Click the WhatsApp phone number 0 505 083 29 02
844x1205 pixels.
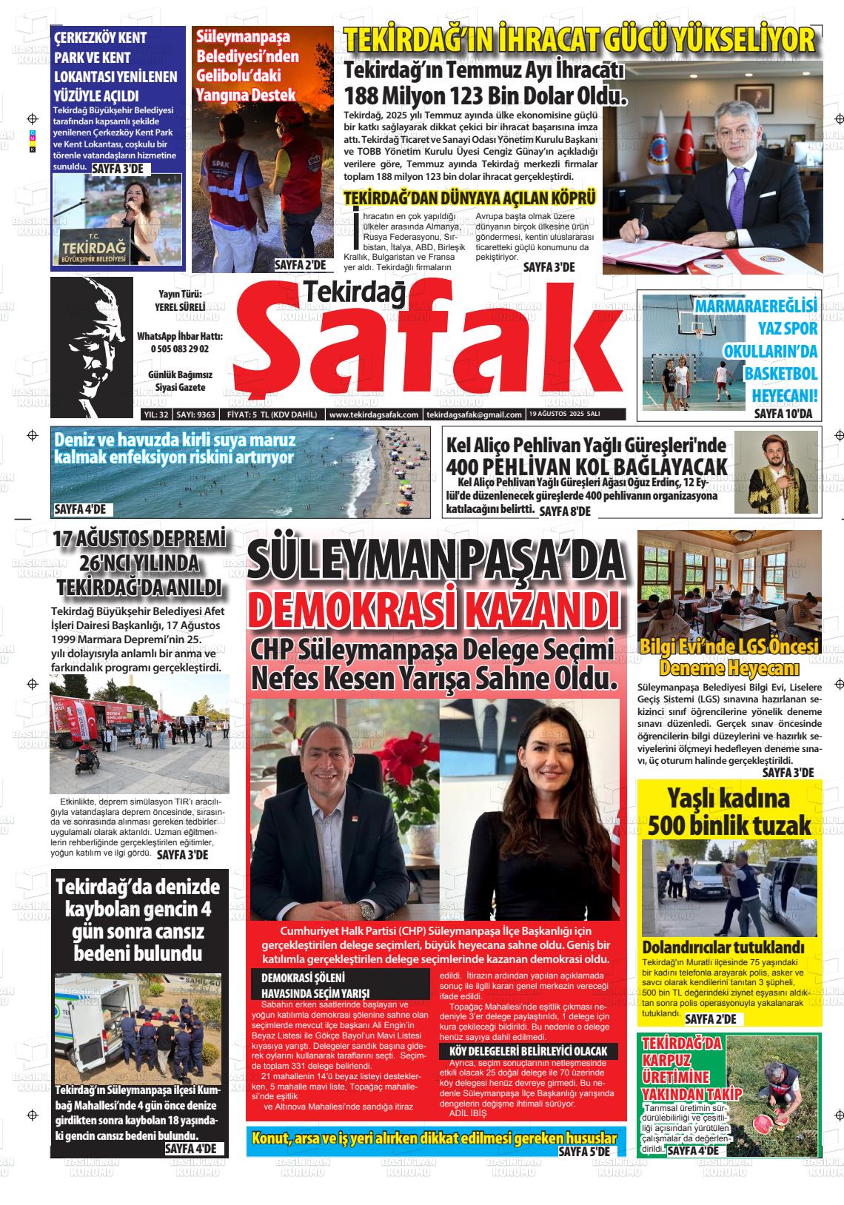pyautogui.click(x=179, y=349)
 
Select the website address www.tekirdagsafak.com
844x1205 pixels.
pyautogui.click(x=374, y=414)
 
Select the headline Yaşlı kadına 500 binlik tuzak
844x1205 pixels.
pyautogui.click(x=729, y=812)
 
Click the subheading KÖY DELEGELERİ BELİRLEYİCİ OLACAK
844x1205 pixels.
pyautogui.click(x=523, y=1051)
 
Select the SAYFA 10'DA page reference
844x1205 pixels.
pyautogui.click(x=783, y=414)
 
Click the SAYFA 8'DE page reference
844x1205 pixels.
pyautogui.click(x=565, y=511)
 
